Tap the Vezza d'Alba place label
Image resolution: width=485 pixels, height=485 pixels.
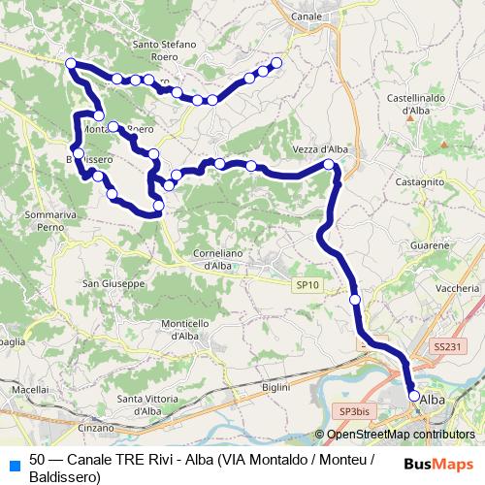tap(319, 149)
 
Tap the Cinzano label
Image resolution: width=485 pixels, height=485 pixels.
tap(95, 427)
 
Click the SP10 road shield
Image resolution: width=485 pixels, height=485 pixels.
tap(307, 284)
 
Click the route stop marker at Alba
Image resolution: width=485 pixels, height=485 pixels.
tap(414, 396)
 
